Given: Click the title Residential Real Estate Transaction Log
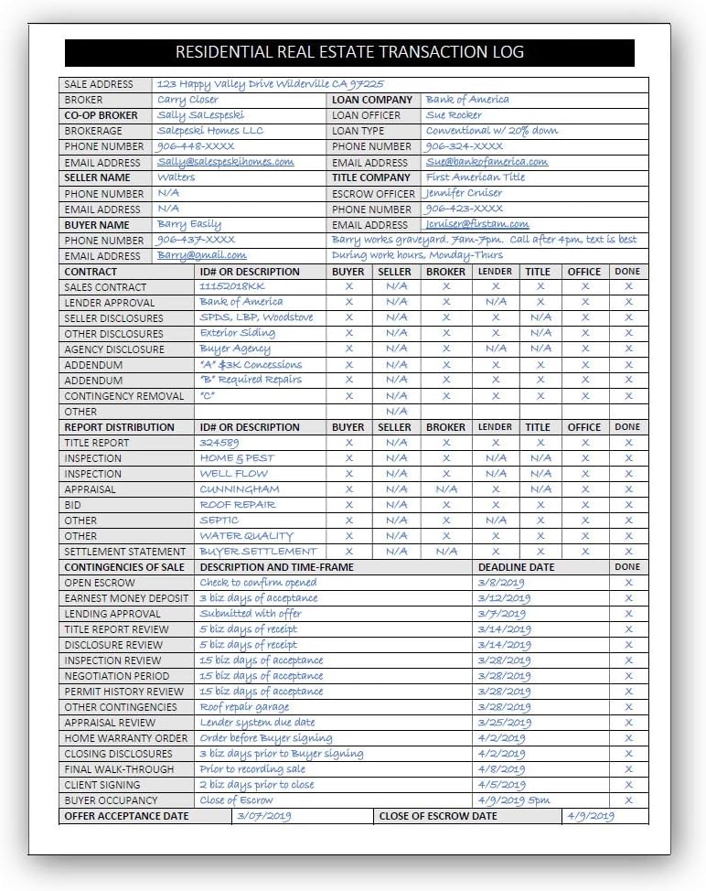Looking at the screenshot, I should click(x=349, y=52).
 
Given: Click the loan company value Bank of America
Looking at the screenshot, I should click(x=467, y=100).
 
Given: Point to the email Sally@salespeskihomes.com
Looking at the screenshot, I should click(x=226, y=162).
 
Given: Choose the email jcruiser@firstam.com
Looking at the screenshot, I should click(x=477, y=224).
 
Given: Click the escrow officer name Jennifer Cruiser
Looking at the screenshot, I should click(x=463, y=193).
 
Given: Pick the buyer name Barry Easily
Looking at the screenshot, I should click(x=189, y=224).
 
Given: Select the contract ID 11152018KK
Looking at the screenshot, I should click(x=231, y=286).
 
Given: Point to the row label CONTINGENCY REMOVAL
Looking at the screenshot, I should click(x=124, y=396).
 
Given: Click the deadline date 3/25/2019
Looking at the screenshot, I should click(x=504, y=723).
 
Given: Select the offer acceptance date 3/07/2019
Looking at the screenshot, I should click(x=263, y=816).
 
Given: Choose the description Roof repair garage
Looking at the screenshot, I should click(x=245, y=707).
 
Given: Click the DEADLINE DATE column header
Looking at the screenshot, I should click(x=516, y=567).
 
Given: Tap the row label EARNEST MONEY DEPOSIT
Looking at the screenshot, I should click(x=126, y=598).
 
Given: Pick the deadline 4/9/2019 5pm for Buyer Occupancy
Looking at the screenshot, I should click(x=514, y=800).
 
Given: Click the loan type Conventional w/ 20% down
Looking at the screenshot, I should click(x=492, y=131).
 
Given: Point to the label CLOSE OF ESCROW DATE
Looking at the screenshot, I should click(x=438, y=816).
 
